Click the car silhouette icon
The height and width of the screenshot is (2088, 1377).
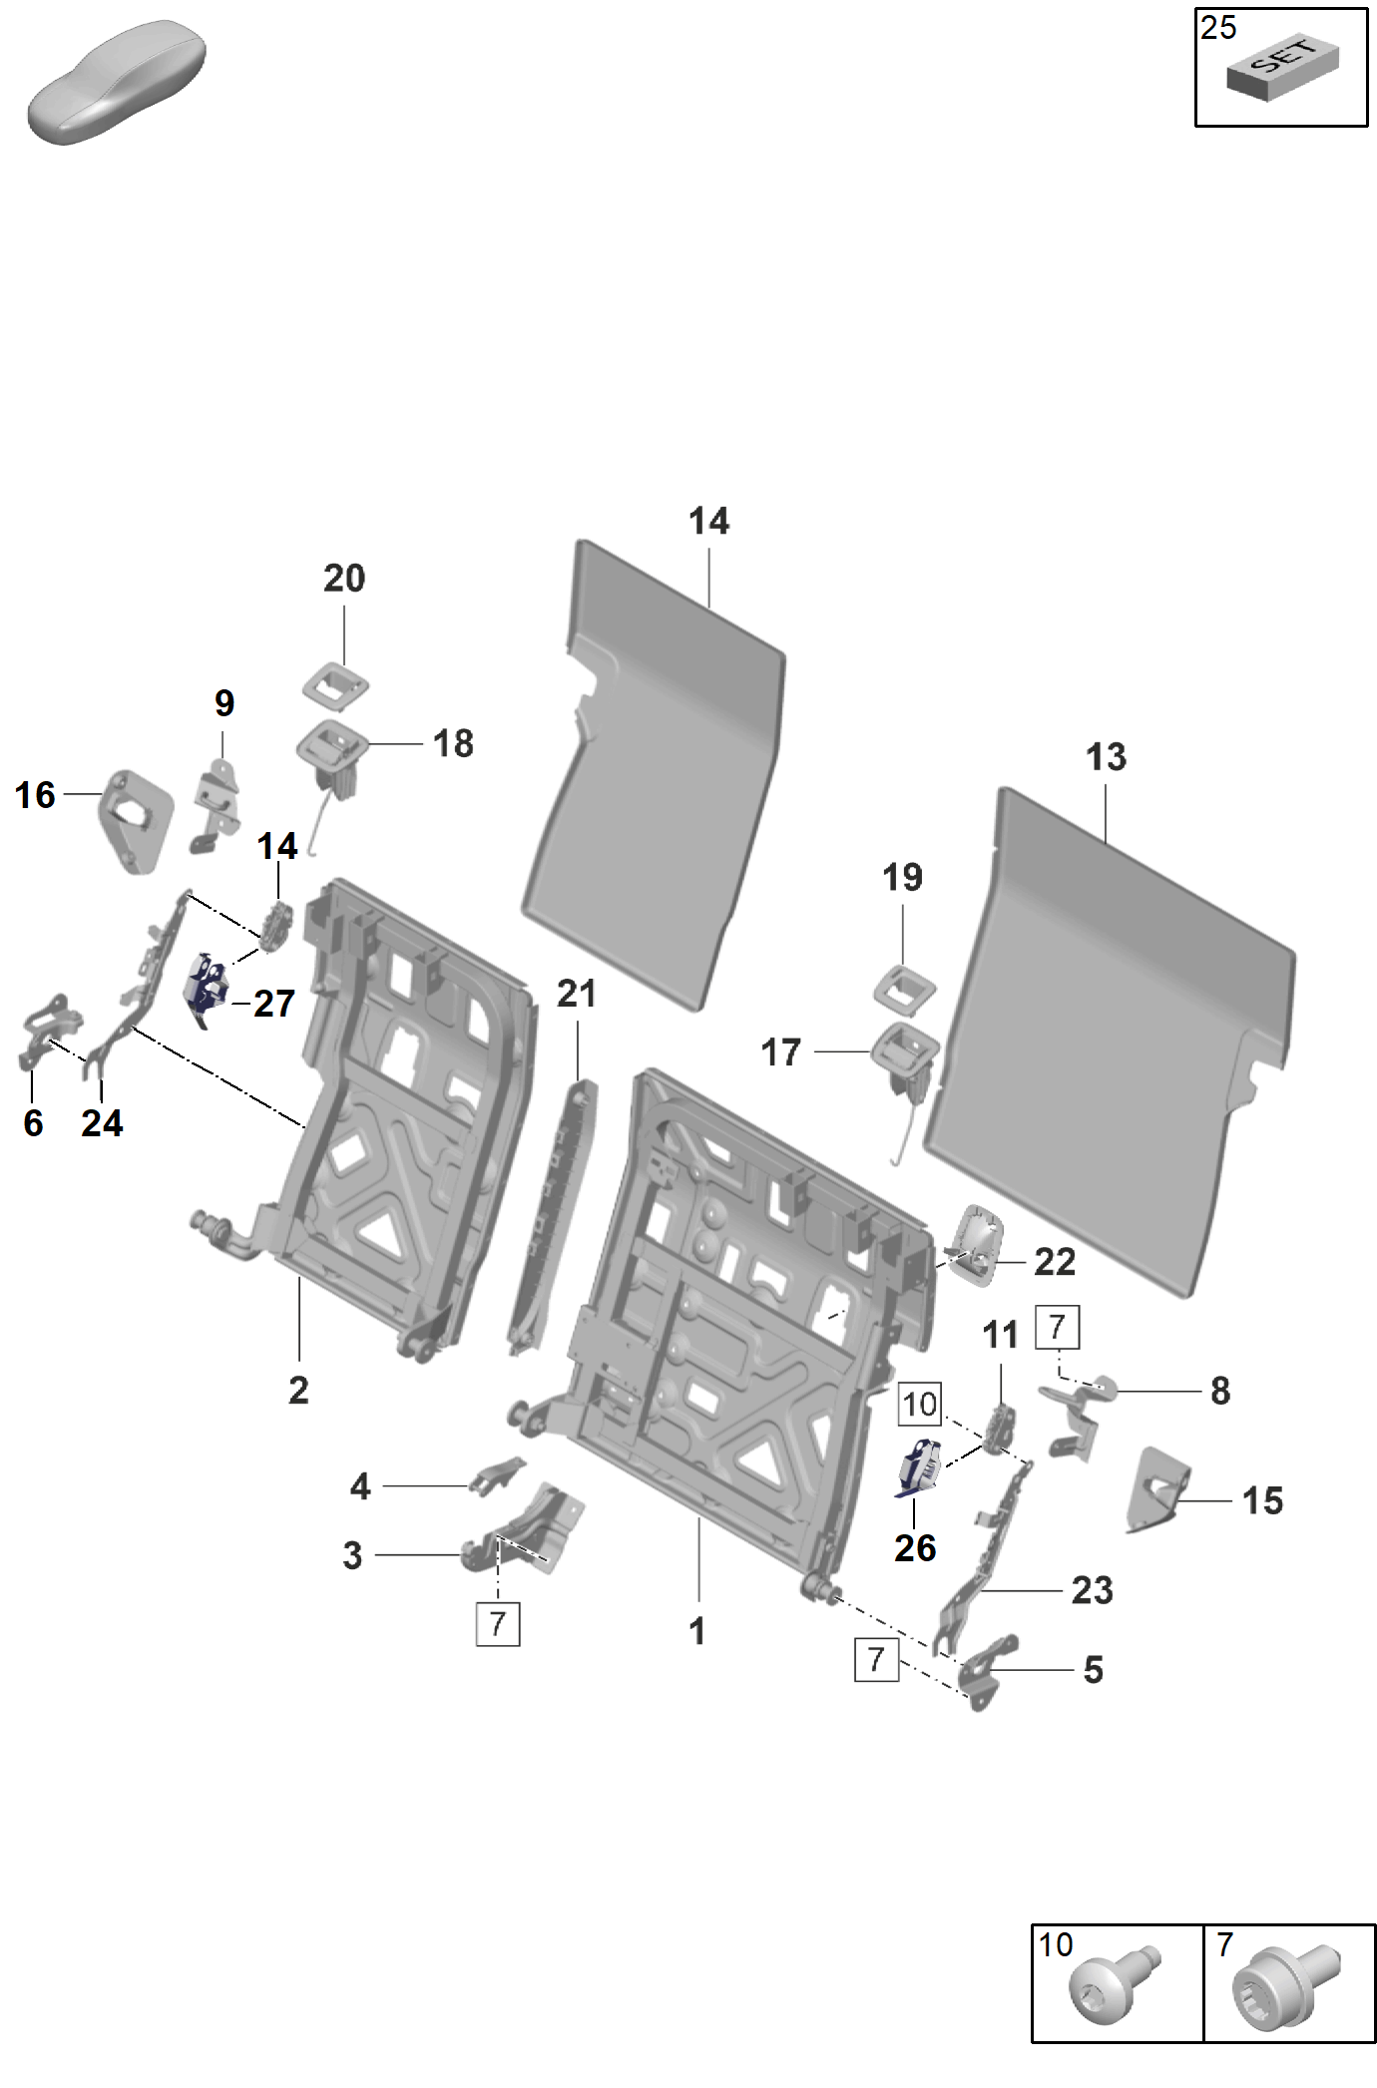(x=117, y=82)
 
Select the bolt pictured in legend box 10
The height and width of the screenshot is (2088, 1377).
(x=1113, y=1985)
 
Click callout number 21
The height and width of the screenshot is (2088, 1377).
(x=577, y=994)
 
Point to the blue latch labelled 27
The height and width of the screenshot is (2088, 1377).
(x=206, y=988)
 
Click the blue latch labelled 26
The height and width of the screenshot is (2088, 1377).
(x=918, y=1469)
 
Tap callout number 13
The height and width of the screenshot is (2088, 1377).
(x=1106, y=757)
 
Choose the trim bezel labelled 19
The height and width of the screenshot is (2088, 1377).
(x=906, y=988)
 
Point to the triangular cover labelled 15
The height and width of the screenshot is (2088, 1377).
(x=1157, y=1488)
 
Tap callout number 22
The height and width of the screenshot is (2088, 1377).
(x=1055, y=1262)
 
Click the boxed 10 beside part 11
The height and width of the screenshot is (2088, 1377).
(x=919, y=1405)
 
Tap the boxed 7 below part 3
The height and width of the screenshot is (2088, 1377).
(x=498, y=1624)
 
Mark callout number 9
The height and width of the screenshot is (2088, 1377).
(x=225, y=703)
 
